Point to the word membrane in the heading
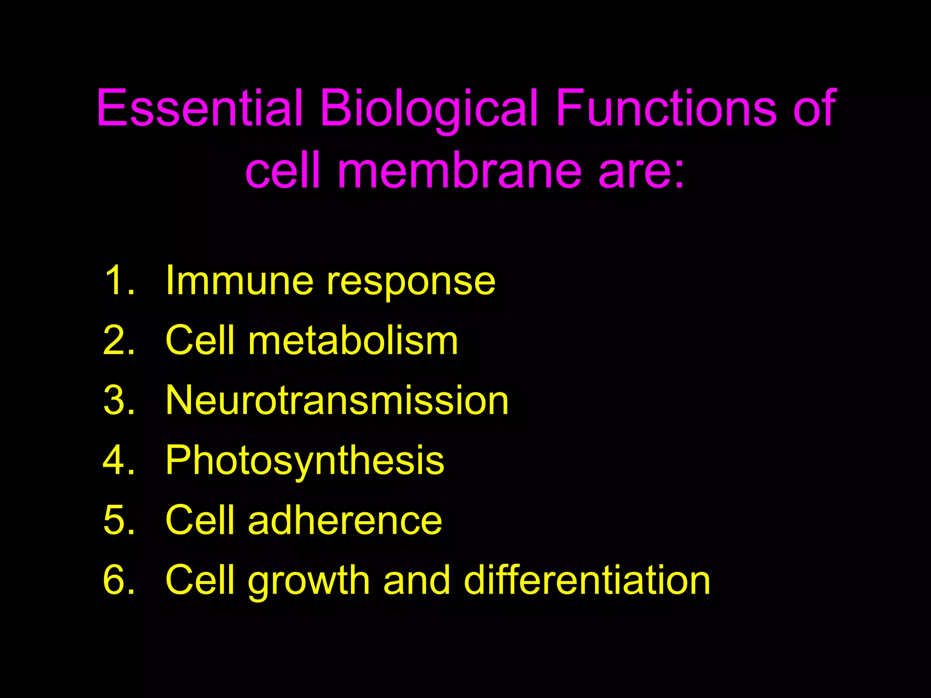pyautogui.click(x=459, y=171)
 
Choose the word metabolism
pyautogui.click(x=353, y=340)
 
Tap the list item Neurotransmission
pyautogui.click(x=337, y=400)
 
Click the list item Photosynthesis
pyautogui.click(x=305, y=461)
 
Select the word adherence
pyautogui.click(x=345, y=520)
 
